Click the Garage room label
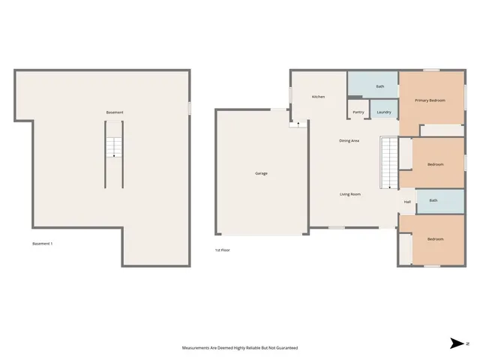pyautogui.click(x=261, y=173)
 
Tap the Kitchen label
pyautogui.click(x=318, y=97)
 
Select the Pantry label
pyautogui.click(x=358, y=112)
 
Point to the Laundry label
pyautogui.click(x=384, y=112)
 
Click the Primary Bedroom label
pyautogui.click(x=430, y=100)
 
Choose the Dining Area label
pyautogui.click(x=349, y=140)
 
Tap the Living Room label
pyautogui.click(x=350, y=194)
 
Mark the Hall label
pyautogui.click(x=407, y=202)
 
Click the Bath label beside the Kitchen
pyautogui.click(x=380, y=86)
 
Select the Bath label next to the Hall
pyautogui.click(x=433, y=200)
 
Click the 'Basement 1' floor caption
pyautogui.click(x=42, y=244)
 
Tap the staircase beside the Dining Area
pyautogui.click(x=388, y=163)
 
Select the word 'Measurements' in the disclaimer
pyautogui.click(x=199, y=348)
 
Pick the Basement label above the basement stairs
pyautogui.click(x=115, y=112)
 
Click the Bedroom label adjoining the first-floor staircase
pyautogui.click(x=435, y=164)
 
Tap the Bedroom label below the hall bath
pyautogui.click(x=435, y=238)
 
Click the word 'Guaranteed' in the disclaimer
pyautogui.click(x=285, y=348)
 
